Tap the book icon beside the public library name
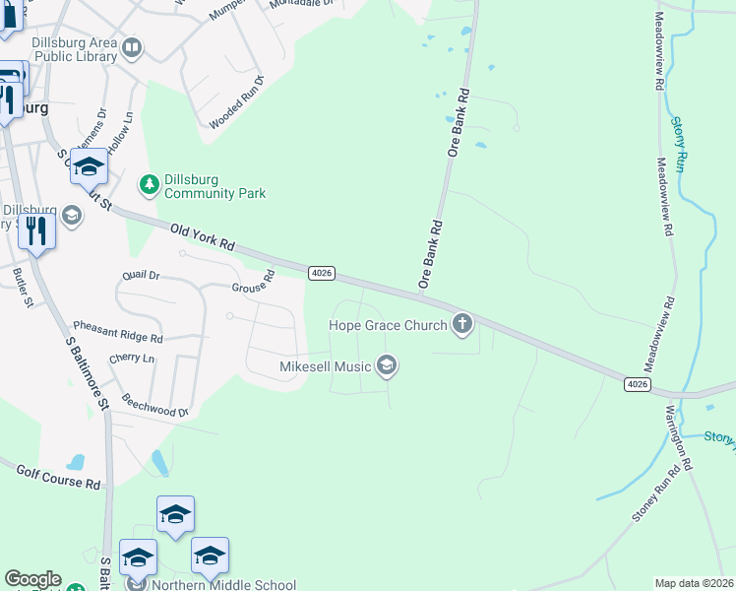tap(132, 46)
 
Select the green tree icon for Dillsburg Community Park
tap(149, 183)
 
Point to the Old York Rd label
tap(202, 236)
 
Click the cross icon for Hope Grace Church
tap(462, 324)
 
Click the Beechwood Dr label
tap(154, 404)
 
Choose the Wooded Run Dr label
tap(237, 103)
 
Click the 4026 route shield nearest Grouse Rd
tap(321, 273)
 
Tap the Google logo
tap(32, 579)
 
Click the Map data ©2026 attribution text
tap(694, 583)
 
